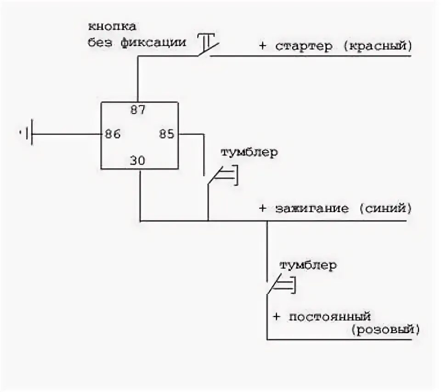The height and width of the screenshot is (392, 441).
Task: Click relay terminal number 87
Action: (x=138, y=110)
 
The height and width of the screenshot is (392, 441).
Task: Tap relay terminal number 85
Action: (x=167, y=134)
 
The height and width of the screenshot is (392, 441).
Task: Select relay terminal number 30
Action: (x=137, y=161)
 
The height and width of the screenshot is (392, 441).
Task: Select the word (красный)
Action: (x=376, y=46)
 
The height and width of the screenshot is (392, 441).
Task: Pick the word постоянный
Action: (x=329, y=317)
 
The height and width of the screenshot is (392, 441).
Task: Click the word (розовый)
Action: (x=385, y=329)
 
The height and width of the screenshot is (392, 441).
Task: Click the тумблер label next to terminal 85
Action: (x=249, y=152)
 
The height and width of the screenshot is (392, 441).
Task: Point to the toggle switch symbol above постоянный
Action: (x=281, y=286)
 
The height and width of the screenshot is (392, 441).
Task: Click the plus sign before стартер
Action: (x=262, y=46)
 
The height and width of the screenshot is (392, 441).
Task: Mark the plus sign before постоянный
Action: (x=276, y=317)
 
